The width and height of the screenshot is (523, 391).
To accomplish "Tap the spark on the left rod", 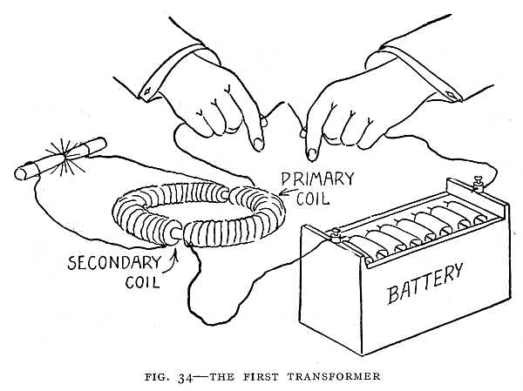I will click(x=65, y=150).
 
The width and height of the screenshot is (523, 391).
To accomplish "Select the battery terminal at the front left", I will click(x=334, y=233).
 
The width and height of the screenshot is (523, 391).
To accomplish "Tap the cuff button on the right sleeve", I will click(x=451, y=91).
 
